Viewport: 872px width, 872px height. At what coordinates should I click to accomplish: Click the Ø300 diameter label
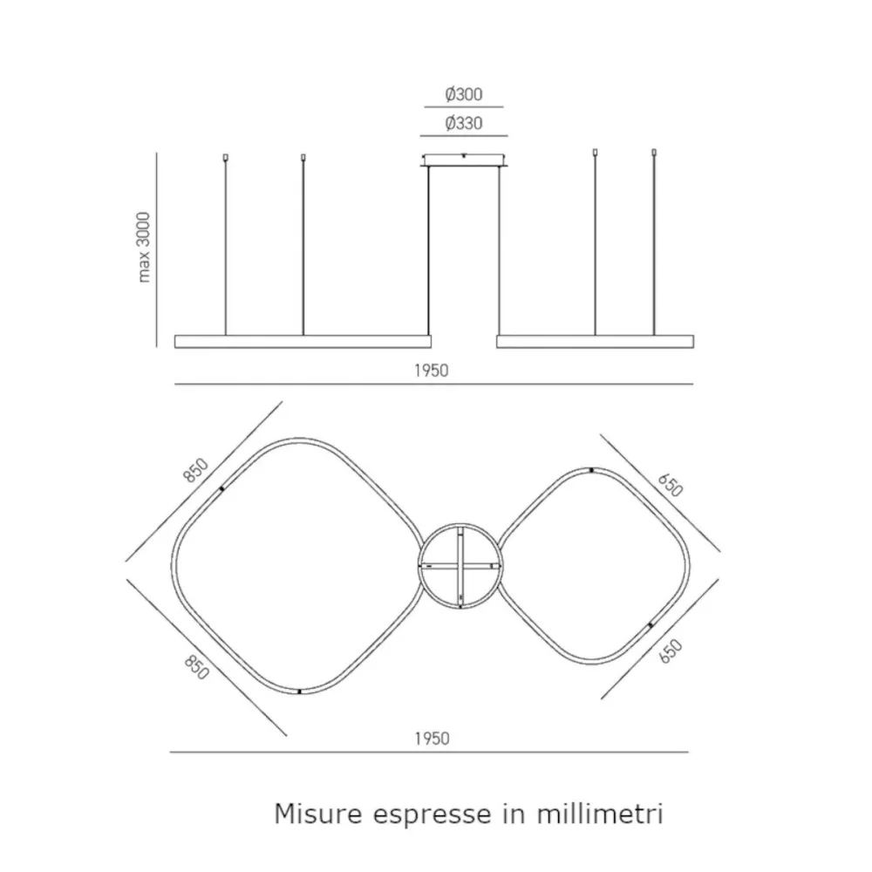(x=463, y=94)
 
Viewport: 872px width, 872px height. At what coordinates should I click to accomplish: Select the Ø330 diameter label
(x=463, y=124)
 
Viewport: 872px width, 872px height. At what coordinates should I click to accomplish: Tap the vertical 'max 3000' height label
(x=145, y=247)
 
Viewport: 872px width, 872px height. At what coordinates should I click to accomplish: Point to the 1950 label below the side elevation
(x=431, y=370)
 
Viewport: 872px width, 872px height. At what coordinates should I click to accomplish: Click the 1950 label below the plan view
(x=431, y=739)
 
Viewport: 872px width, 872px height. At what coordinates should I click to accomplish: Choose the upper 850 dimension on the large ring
(x=196, y=470)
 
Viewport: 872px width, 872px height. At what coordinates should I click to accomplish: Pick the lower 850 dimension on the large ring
(x=196, y=668)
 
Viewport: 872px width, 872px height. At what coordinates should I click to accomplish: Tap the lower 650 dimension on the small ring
(x=670, y=651)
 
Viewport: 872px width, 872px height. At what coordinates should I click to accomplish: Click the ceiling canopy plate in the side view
(x=463, y=160)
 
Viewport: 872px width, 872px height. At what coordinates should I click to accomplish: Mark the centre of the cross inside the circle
(x=460, y=566)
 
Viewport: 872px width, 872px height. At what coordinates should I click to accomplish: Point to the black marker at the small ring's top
(x=591, y=470)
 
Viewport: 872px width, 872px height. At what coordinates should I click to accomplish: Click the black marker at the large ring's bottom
(x=299, y=691)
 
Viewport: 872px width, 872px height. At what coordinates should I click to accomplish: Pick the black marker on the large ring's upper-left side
(x=222, y=490)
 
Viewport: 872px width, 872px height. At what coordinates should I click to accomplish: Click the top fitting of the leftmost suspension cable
(x=226, y=158)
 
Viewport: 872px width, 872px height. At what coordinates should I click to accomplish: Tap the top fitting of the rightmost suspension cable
(x=654, y=154)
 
